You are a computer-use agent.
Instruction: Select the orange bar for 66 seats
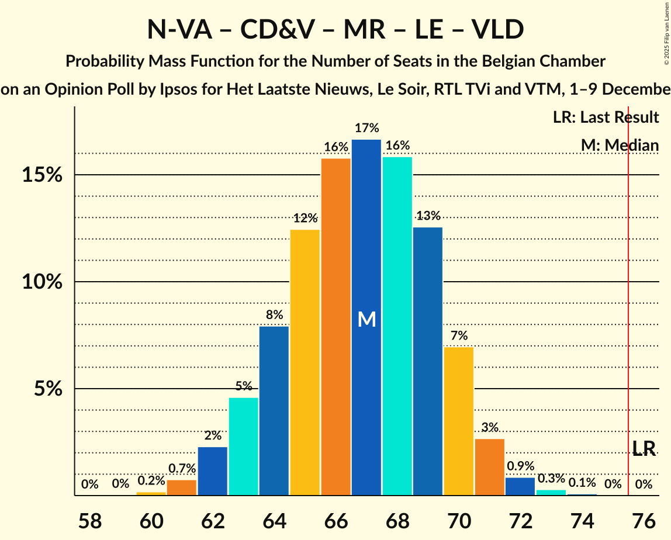(x=336, y=327)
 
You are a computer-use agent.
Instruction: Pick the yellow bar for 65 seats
(x=305, y=362)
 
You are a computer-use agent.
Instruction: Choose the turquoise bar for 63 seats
(x=244, y=446)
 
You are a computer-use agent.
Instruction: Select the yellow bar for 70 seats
(x=459, y=421)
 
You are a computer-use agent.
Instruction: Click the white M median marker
(x=366, y=319)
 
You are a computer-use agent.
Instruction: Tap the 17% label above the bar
(x=366, y=128)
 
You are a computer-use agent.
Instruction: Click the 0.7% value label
(x=182, y=469)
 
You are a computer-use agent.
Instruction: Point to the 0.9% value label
(x=520, y=466)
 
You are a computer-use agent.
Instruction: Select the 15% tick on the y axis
(x=42, y=175)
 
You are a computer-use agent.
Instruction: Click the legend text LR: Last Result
(x=606, y=117)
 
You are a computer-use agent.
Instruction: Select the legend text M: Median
(x=620, y=146)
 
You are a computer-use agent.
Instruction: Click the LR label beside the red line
(x=644, y=448)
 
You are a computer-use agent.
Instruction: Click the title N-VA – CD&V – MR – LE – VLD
(x=335, y=30)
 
